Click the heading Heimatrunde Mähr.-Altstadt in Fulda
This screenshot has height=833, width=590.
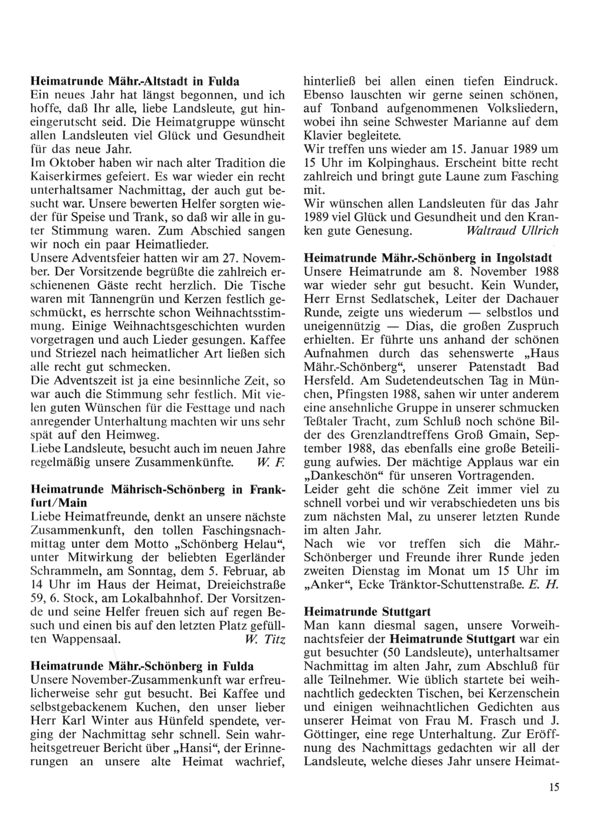point(135,81)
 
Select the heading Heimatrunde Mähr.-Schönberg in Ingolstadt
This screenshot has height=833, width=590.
point(428,258)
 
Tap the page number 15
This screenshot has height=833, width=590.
point(553,787)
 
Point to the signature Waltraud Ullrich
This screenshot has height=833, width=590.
point(512,231)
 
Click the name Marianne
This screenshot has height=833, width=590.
point(478,122)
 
